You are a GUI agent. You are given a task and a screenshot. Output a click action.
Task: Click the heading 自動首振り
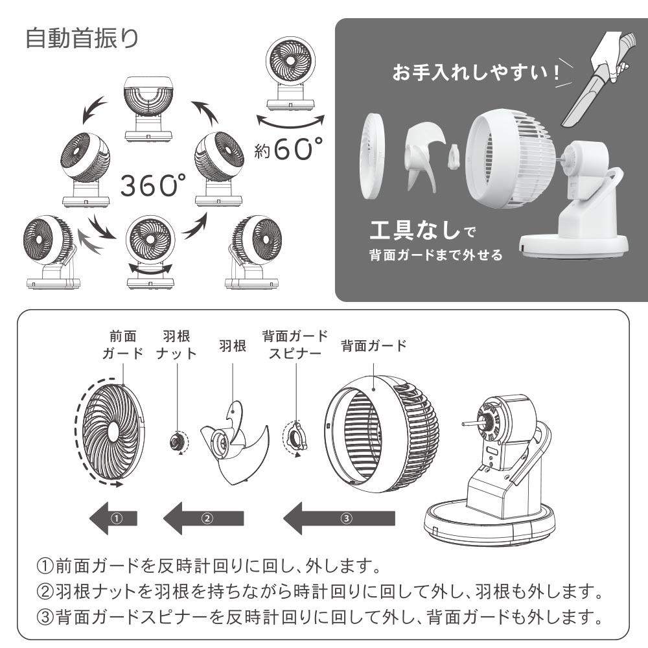[x=82, y=39]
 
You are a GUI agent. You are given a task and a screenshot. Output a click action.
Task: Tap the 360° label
[x=153, y=185]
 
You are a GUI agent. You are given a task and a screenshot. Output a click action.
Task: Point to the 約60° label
[x=288, y=149]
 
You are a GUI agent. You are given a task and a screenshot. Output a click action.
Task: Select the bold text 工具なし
[x=415, y=230]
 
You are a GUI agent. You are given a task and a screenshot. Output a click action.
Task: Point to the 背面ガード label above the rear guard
[x=374, y=345]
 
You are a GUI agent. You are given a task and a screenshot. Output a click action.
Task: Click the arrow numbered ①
[x=113, y=518]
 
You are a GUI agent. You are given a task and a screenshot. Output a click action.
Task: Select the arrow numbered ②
[x=203, y=518]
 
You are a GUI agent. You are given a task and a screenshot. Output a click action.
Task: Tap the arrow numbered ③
[x=339, y=518]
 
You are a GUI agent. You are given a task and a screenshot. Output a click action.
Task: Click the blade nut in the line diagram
[x=178, y=442]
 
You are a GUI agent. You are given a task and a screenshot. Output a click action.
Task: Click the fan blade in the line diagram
[x=233, y=445]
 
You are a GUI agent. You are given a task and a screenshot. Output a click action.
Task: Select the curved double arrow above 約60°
[x=290, y=122]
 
